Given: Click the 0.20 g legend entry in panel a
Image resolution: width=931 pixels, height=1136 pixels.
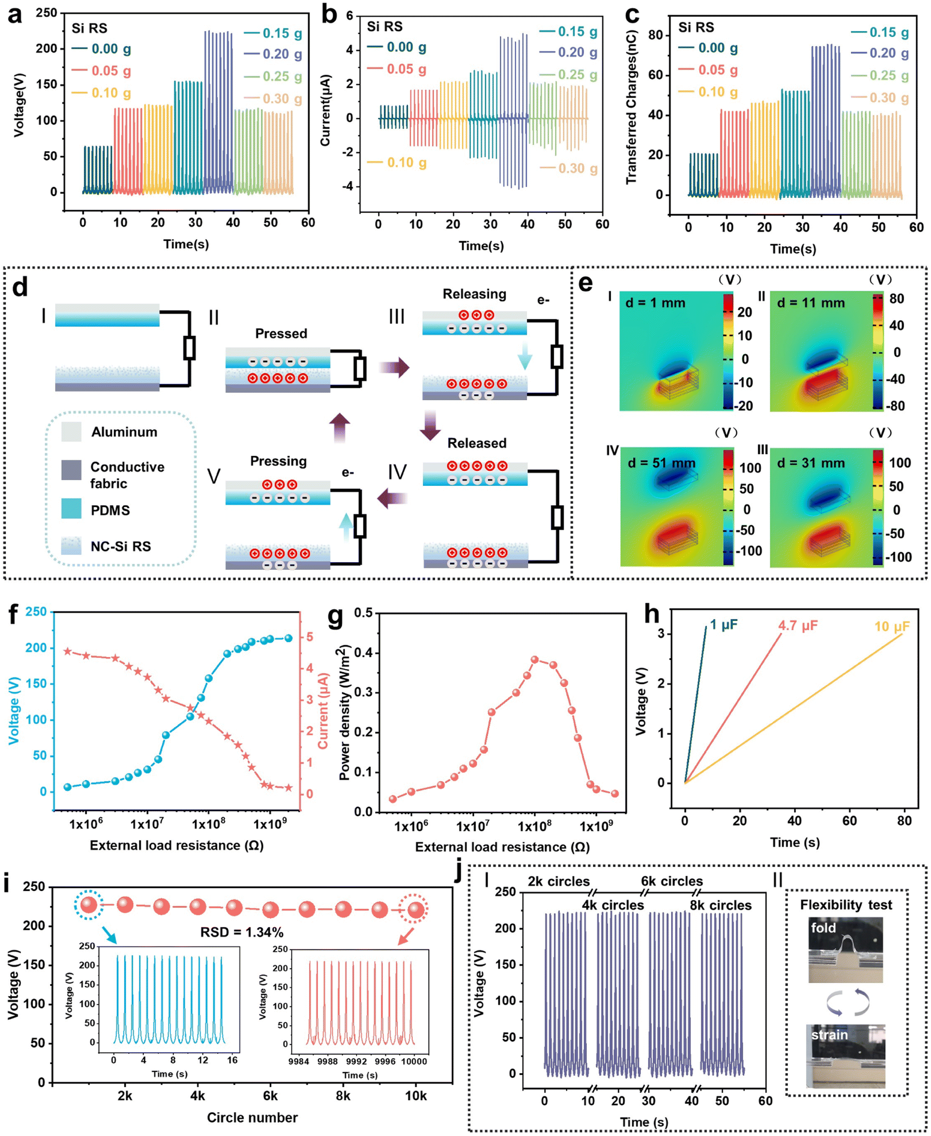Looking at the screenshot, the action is tap(273, 54).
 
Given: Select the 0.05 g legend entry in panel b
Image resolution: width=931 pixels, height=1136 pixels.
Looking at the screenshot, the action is tap(397, 69).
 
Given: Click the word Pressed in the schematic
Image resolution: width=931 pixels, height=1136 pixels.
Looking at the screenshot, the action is tap(281, 333).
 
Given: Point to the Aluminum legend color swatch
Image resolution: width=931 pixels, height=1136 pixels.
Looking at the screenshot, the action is tap(71, 431).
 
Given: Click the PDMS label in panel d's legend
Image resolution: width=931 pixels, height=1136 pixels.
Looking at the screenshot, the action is tap(110, 510).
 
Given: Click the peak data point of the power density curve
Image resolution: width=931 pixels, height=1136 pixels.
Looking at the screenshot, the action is tap(535, 660).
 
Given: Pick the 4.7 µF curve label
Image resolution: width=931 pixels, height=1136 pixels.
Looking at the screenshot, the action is tap(798, 625).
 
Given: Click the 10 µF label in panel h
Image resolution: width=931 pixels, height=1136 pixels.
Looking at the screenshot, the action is tap(892, 626).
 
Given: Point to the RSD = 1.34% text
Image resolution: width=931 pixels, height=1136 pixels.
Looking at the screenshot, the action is tap(242, 932).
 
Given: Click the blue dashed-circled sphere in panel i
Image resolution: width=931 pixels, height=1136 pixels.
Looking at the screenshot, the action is tap(89, 905).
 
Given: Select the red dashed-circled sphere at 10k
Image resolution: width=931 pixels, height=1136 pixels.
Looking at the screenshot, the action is tap(416, 910).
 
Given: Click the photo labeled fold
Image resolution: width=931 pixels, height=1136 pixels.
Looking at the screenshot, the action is tap(845, 950).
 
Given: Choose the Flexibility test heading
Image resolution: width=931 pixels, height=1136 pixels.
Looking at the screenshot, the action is tap(846, 905).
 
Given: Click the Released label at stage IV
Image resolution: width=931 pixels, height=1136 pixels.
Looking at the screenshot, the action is tap(477, 443).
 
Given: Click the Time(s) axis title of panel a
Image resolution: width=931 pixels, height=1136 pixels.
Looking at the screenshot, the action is tap(186, 244).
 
